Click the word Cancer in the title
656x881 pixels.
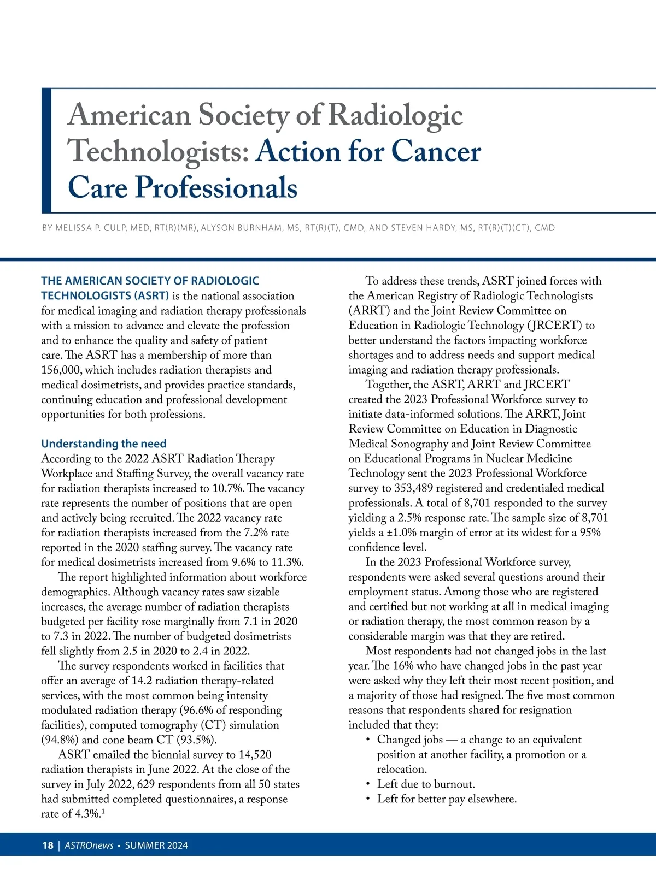pos(436,151)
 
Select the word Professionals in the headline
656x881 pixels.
pos(216,187)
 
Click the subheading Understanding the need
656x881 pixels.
pos(104,444)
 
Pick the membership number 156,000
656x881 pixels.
pos(61,370)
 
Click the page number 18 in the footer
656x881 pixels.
pos(48,845)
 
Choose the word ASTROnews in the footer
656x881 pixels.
pos(89,845)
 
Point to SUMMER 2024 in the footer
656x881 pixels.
pos(156,845)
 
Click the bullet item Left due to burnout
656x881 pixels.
pos(426,784)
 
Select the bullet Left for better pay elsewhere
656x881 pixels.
pos(447,799)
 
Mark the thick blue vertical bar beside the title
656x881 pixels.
pos(46,150)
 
